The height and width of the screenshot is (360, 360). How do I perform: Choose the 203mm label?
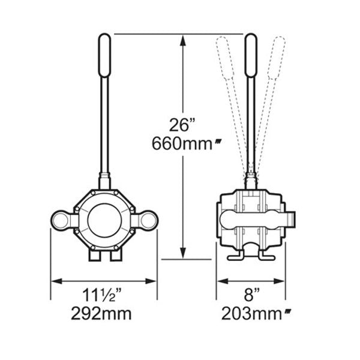[x=252, y=313]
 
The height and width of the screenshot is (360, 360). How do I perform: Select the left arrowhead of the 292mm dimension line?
[x=55, y=280]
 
